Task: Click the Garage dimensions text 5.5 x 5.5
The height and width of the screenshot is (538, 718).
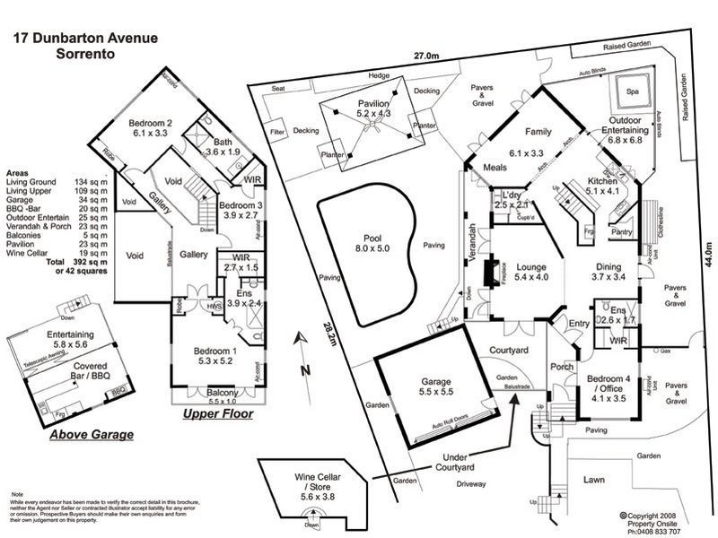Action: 430,391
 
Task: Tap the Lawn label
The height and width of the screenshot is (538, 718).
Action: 593,481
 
